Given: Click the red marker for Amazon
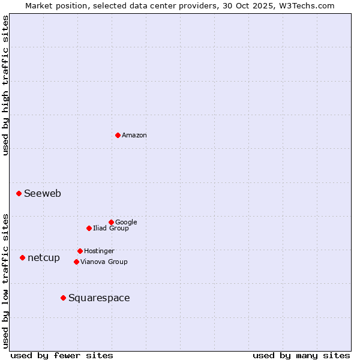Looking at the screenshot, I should click(x=118, y=135).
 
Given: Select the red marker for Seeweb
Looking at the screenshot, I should click(x=19, y=193).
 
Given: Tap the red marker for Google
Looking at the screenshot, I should click(x=111, y=222).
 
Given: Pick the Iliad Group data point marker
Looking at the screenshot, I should click(x=89, y=228).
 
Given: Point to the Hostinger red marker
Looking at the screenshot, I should click(x=80, y=251).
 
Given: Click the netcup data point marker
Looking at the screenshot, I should click(x=23, y=257).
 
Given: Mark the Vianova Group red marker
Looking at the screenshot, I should click(x=76, y=262).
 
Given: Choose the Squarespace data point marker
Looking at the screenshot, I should click(x=63, y=298).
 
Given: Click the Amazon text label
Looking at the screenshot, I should click(x=134, y=136).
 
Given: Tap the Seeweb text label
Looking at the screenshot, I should click(x=43, y=194).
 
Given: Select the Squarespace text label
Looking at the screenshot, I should click(x=99, y=298).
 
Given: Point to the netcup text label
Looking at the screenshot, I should click(x=44, y=258).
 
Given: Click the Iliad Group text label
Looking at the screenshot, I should click(x=111, y=229).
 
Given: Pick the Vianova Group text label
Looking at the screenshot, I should click(x=104, y=262).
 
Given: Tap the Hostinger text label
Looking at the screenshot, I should click(x=99, y=251).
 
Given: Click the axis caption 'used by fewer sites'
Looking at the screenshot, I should click(x=62, y=355).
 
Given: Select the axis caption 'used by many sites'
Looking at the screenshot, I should click(x=301, y=355).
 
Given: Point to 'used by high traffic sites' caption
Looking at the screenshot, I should click(x=5, y=85).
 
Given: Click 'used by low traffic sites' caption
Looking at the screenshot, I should click(x=5, y=280).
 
